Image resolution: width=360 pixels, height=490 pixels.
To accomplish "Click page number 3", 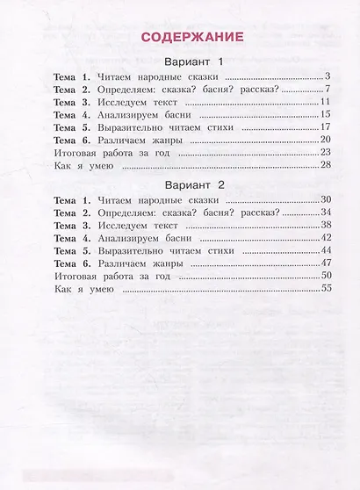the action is tap(326, 77).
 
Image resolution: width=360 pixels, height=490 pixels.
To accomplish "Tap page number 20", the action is tap(323, 140).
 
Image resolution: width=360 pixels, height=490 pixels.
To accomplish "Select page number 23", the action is tap(323, 152).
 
